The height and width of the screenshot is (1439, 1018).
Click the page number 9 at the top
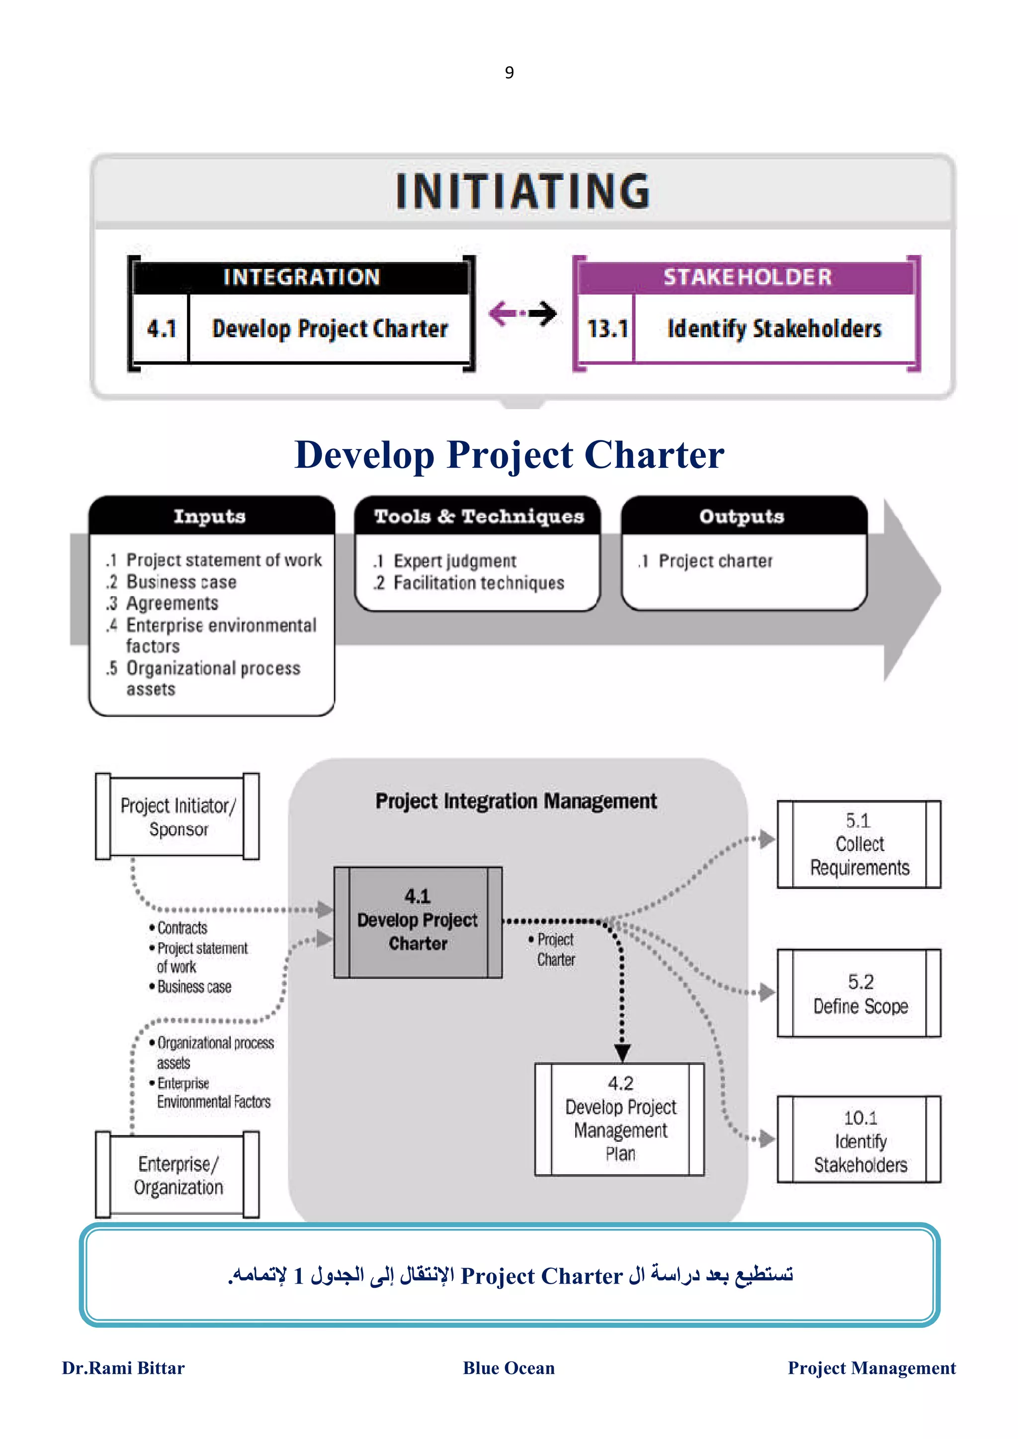pos(509,72)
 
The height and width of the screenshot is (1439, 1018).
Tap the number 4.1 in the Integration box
pos(161,328)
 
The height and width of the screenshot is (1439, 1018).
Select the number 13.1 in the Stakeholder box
pos(606,328)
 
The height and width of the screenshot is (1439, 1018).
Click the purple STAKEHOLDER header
pos(747,277)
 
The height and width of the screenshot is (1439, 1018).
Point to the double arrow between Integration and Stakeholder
pos(522,313)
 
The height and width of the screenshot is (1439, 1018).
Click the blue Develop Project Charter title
pos(509,454)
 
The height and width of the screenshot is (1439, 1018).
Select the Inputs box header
pos(210,516)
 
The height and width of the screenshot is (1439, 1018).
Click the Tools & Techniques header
pos(479,516)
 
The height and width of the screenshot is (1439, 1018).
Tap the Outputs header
pos(742,516)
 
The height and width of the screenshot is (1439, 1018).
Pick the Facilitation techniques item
pos(478,583)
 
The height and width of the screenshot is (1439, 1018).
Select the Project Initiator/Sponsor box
pos(177,817)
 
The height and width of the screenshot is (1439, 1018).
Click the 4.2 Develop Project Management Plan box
pos(620,1119)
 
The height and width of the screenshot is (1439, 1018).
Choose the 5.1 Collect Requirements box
pos(858,844)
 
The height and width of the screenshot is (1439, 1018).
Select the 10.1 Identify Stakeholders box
pos(858,1140)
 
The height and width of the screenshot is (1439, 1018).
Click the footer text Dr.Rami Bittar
pos(124,1367)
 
